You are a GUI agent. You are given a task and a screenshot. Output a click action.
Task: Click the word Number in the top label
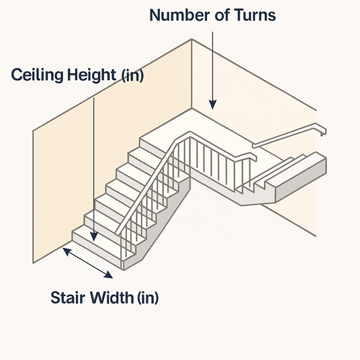coord(179,15)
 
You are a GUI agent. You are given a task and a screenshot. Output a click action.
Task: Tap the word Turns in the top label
coord(255,15)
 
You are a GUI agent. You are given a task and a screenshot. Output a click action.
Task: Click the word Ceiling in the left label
coord(37,75)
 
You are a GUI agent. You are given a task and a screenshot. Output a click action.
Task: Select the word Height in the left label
coord(91,75)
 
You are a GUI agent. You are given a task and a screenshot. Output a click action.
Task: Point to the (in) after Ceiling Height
coord(132,75)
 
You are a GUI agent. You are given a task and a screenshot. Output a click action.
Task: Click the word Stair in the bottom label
coord(68,298)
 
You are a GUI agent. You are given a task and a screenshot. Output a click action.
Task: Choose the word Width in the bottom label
coord(112,298)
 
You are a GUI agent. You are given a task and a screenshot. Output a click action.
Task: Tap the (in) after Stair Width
coord(148,298)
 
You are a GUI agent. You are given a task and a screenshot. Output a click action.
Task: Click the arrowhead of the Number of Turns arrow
coord(213,105)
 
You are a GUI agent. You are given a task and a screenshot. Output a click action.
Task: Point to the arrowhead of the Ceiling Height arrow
coord(93,236)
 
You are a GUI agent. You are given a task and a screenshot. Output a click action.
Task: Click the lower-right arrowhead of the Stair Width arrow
coord(109,275)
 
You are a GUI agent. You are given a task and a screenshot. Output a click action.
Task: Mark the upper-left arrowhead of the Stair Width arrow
coord(67,251)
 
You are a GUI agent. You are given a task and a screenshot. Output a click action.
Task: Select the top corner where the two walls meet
coord(191,40)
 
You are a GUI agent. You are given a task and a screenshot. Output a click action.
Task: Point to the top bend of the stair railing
coord(190,134)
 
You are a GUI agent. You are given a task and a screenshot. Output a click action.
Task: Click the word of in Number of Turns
coord(222,15)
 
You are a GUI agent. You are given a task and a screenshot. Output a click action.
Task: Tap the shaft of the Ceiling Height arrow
coord(93,165)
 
